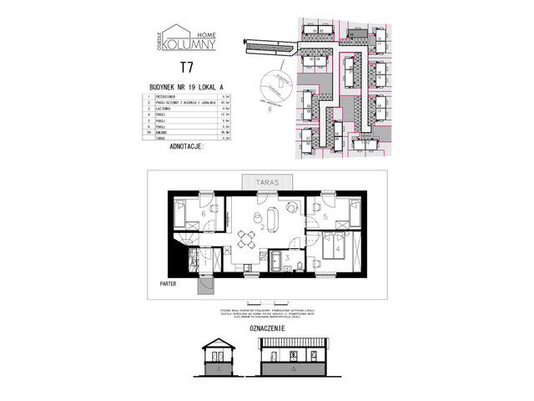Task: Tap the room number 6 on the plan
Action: [x=204, y=214]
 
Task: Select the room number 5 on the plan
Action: [x=325, y=217]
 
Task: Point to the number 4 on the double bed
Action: [x=337, y=249]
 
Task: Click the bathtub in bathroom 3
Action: [x=275, y=266]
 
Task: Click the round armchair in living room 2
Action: [x=290, y=207]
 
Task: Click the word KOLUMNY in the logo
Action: [x=186, y=41]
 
